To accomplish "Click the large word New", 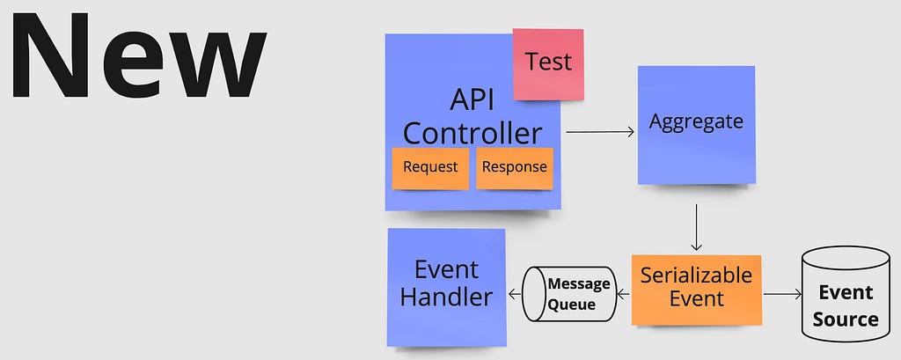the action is (x=138, y=56).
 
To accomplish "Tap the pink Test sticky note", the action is (x=548, y=64).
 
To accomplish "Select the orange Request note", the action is (x=430, y=168).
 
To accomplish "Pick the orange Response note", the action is (x=514, y=168).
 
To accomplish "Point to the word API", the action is (x=472, y=100).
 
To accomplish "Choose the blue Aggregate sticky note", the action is (x=697, y=125).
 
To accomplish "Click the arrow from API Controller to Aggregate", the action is (x=600, y=132).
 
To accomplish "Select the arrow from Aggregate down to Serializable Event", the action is (x=697, y=227).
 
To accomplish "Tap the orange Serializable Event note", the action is (x=697, y=290).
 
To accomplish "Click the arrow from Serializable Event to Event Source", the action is (x=782, y=295).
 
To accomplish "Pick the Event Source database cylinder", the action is (x=846, y=294).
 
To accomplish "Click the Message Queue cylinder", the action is (x=569, y=294).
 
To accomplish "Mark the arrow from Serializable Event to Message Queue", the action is (x=624, y=295).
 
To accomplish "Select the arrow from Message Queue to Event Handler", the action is (x=515, y=295).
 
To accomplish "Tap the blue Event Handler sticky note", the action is (x=446, y=288).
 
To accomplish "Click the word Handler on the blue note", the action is (x=446, y=298).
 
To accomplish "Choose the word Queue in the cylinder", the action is (x=571, y=305).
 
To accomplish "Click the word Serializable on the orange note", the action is (x=697, y=275).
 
